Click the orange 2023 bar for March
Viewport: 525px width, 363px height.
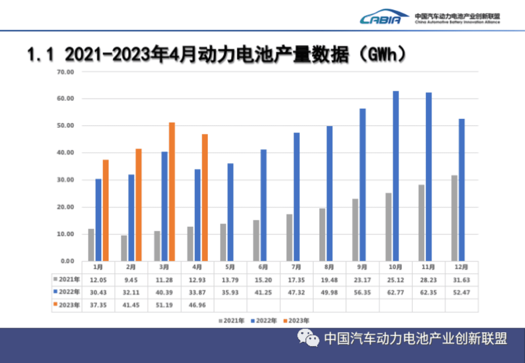172,192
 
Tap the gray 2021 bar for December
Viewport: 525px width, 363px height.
454,218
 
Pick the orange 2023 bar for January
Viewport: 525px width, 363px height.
106,210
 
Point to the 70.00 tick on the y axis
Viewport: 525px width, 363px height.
66,72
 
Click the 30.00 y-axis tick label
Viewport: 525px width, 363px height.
66,180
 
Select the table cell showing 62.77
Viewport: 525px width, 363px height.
395,293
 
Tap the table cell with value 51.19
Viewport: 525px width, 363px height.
164,305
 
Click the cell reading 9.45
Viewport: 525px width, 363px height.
131,280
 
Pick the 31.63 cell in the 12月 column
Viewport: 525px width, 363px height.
461,280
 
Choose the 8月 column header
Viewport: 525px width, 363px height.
329,267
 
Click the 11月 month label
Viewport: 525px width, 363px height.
428,267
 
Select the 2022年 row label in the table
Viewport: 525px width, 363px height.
67,292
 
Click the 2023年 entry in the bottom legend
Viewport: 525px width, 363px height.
296,321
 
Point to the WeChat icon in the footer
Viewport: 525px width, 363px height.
308,338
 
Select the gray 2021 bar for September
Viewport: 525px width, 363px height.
355,230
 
